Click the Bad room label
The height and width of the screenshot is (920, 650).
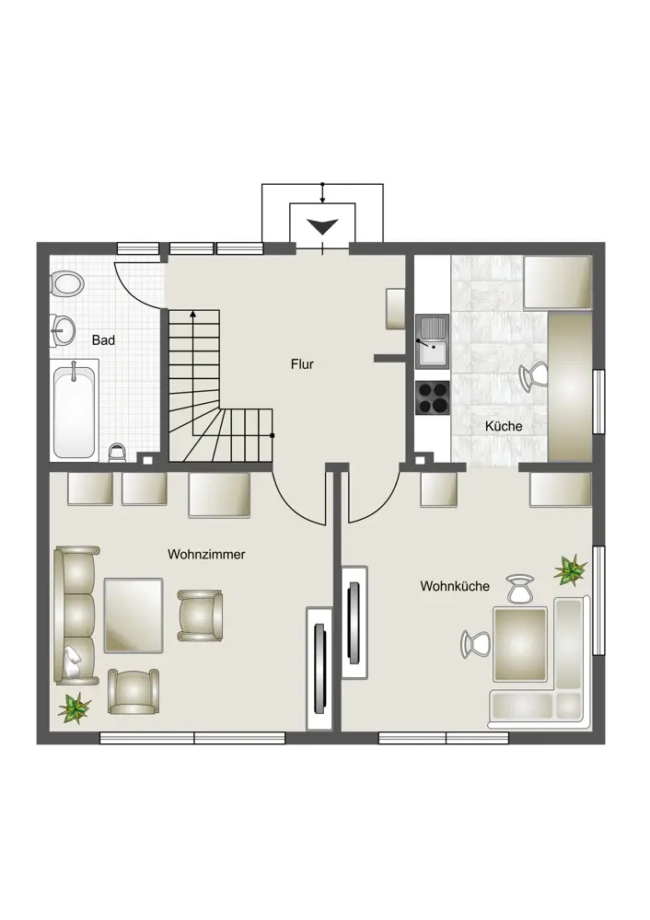[x=103, y=340]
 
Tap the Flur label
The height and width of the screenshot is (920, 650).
[x=302, y=364]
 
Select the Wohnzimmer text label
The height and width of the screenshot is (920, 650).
[x=206, y=555]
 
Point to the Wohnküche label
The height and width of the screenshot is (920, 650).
[x=455, y=586]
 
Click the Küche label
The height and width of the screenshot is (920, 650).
[x=504, y=426]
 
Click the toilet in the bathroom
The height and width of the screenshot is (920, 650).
[x=67, y=284]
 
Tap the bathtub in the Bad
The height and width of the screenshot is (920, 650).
[x=75, y=412]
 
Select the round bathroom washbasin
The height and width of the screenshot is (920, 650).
[x=63, y=330]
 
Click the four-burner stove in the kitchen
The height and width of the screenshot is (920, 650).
[x=433, y=397]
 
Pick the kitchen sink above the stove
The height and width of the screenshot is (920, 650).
[x=433, y=341]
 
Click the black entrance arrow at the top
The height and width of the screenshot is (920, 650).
[x=323, y=226]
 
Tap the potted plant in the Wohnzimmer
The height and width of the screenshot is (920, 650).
[x=75, y=707]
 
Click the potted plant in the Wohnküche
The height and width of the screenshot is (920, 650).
[x=570, y=570]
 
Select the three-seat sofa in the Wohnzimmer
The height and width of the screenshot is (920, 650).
[x=77, y=615]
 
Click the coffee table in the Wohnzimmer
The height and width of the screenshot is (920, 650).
[x=133, y=615]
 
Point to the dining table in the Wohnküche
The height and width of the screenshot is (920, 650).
[x=520, y=644]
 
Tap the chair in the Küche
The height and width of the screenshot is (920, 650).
[x=534, y=376]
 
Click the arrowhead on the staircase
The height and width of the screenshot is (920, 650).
[x=193, y=315]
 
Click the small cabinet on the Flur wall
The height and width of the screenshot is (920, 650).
[x=395, y=308]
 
